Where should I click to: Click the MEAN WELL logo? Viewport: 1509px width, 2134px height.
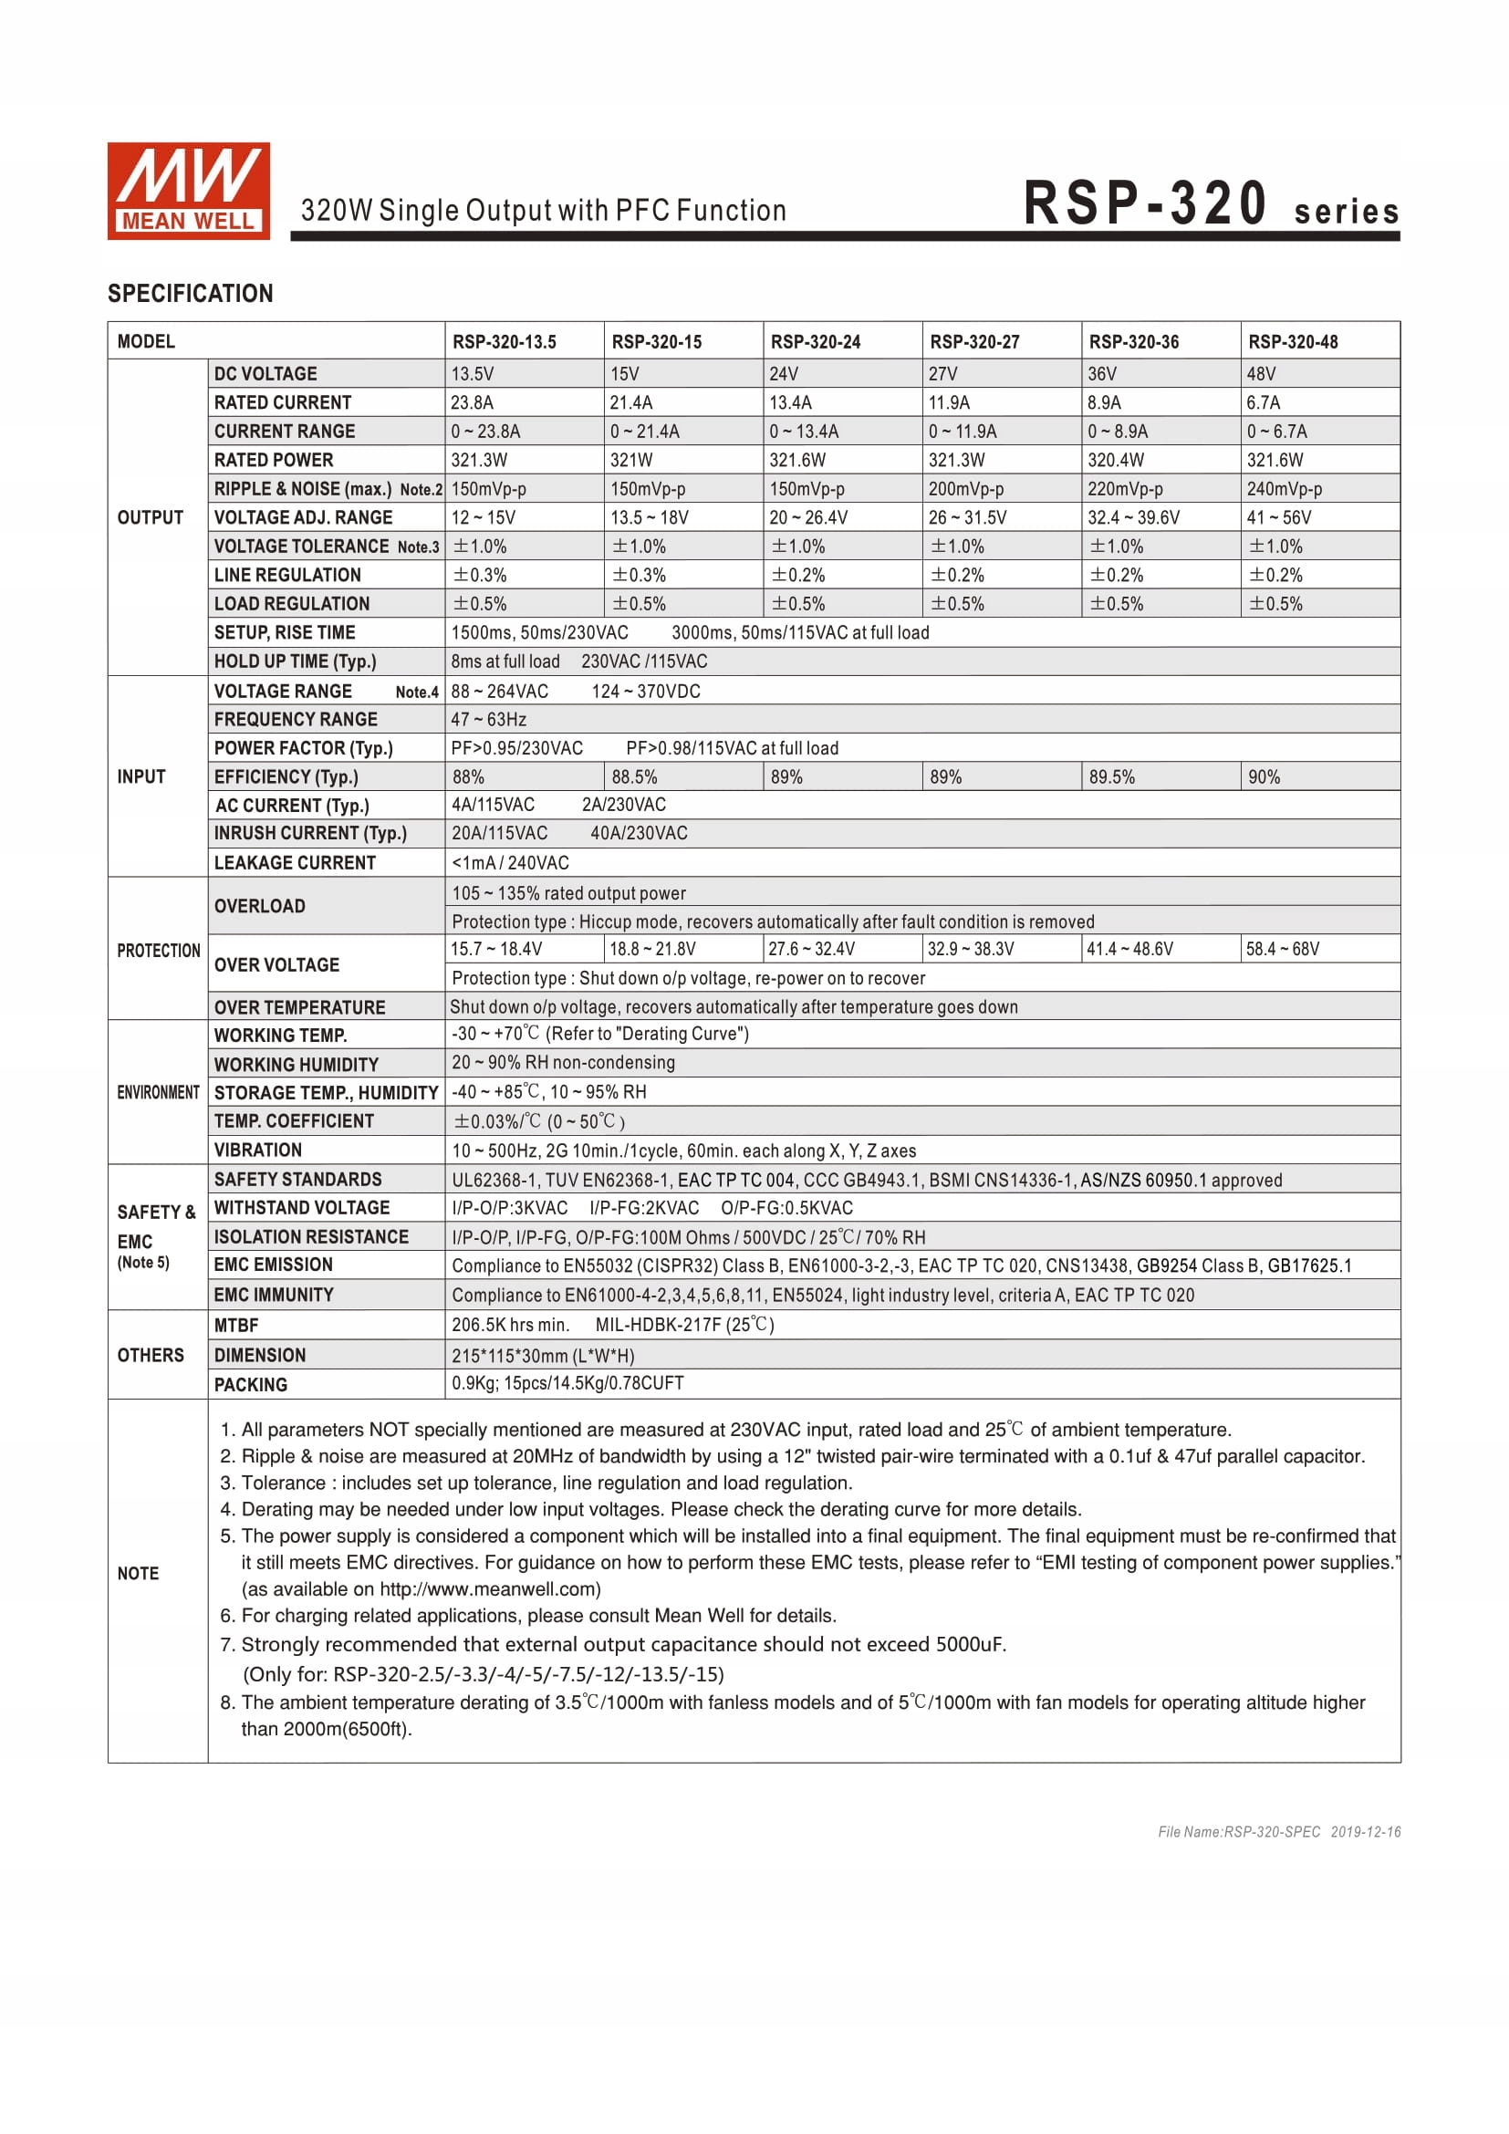click(x=189, y=191)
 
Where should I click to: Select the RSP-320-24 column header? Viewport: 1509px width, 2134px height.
click(x=815, y=342)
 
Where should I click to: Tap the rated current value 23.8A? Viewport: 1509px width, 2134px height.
click(x=472, y=402)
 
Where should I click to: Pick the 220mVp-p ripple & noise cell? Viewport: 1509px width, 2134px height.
click(x=1124, y=489)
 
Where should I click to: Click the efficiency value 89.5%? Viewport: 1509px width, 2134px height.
click(x=1111, y=777)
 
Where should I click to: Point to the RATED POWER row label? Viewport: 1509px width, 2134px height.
click(x=273, y=460)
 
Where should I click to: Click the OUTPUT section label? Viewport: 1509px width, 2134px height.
click(x=150, y=517)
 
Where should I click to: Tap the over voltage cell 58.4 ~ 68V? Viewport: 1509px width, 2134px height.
click(x=1282, y=949)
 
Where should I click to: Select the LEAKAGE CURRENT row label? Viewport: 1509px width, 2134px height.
click(x=295, y=862)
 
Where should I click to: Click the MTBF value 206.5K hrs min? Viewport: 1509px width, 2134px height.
click(x=510, y=1325)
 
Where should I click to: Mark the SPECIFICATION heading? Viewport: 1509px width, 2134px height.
click(x=191, y=294)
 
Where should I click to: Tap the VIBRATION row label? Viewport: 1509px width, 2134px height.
click(x=257, y=1150)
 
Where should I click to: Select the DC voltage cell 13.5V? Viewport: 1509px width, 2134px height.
click(x=472, y=374)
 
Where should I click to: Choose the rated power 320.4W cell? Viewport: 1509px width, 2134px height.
click(x=1115, y=460)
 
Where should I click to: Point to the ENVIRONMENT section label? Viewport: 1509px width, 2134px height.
click(x=158, y=1092)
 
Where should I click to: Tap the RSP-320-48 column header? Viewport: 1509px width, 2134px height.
click(x=1293, y=342)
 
